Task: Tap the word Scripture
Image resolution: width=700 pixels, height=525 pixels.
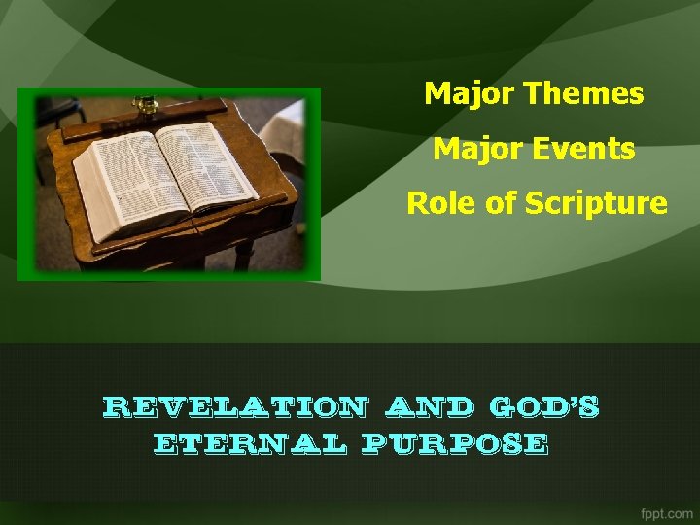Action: (596, 203)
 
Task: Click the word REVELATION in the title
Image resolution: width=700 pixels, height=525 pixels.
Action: (234, 406)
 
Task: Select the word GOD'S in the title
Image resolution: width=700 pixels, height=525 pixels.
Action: (543, 406)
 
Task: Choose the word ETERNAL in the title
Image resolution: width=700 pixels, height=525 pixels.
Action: (250, 444)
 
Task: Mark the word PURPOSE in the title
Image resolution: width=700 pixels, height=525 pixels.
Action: (455, 444)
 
